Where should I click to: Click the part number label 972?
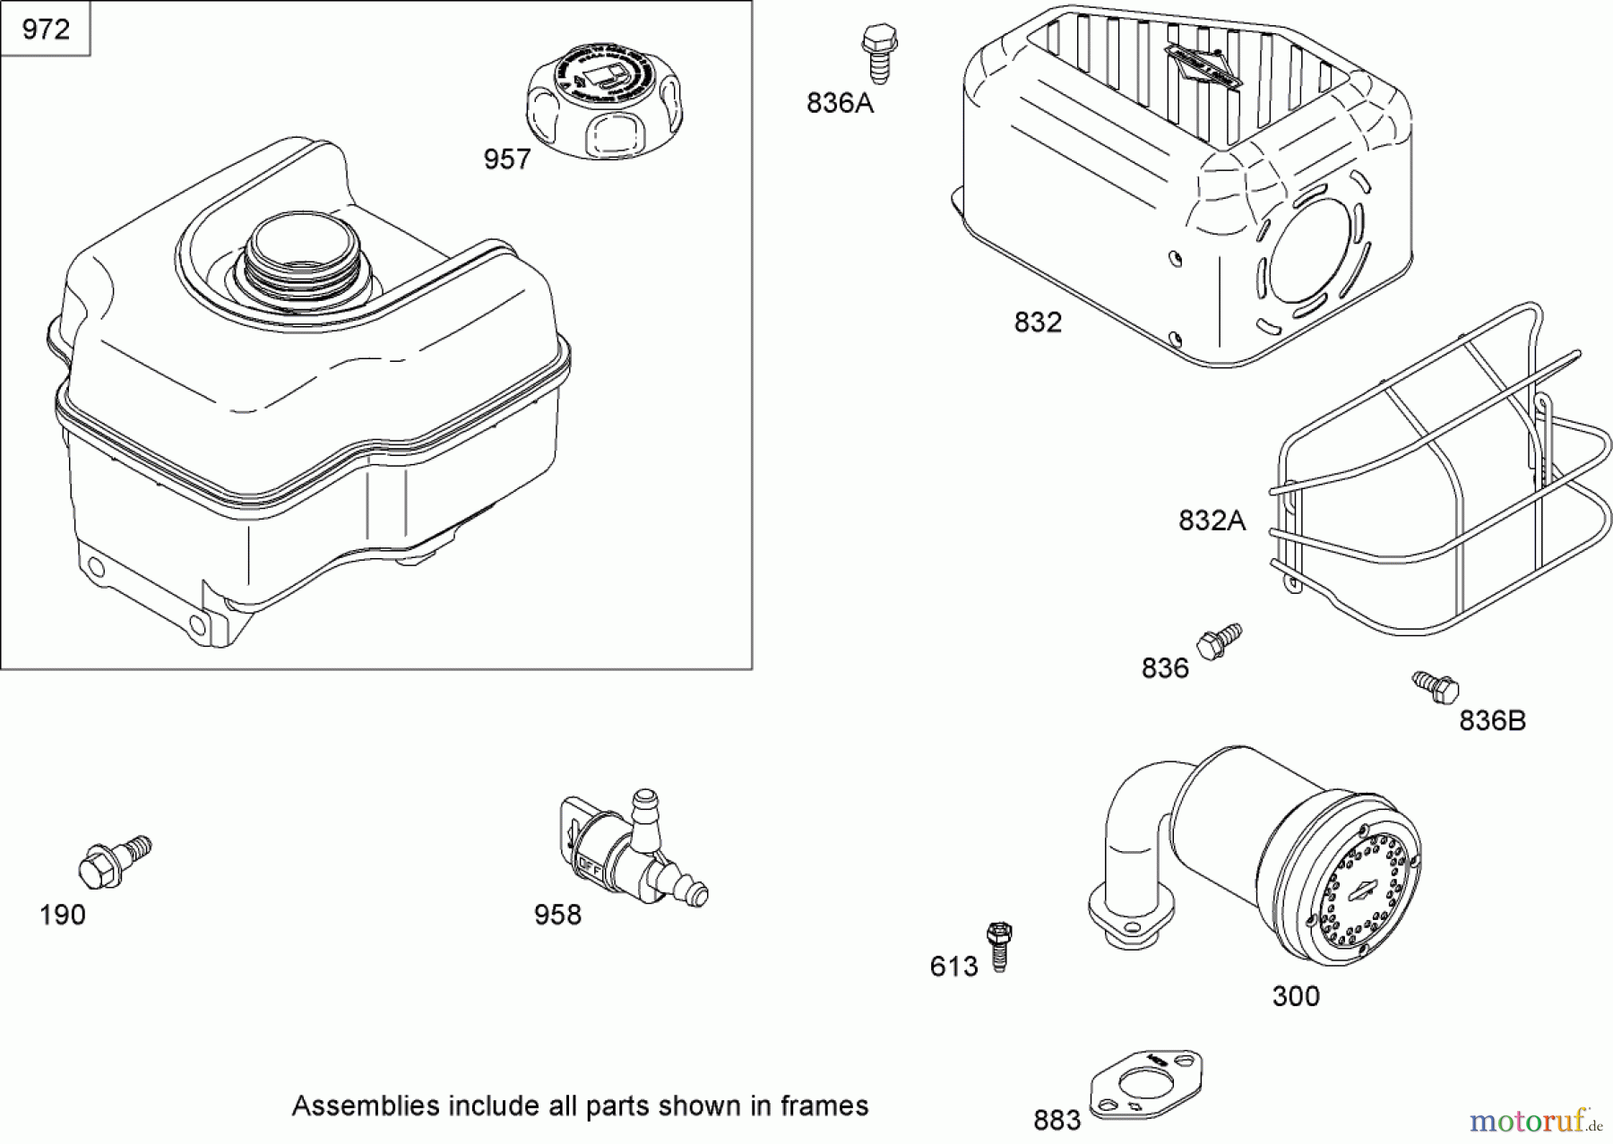[46, 30]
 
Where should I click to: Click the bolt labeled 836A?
[878, 54]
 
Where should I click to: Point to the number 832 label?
[1038, 322]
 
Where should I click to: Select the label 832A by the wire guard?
[1212, 520]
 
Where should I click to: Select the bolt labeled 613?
[998, 946]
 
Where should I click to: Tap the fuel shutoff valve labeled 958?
[627, 851]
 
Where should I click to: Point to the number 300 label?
[1296, 996]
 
